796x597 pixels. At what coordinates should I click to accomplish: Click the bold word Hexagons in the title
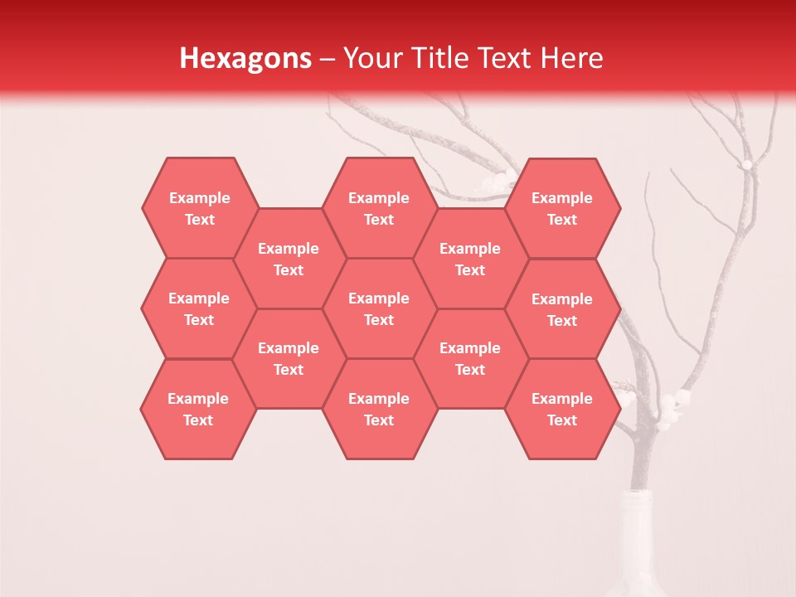[245, 58]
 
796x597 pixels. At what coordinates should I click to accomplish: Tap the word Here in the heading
[571, 58]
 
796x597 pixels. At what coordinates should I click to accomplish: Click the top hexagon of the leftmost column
[199, 208]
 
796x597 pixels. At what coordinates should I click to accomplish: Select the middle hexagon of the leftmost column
[199, 308]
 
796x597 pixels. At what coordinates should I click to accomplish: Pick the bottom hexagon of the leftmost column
[198, 409]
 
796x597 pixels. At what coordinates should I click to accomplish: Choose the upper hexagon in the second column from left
[289, 259]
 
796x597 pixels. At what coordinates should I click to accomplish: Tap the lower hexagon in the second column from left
[289, 358]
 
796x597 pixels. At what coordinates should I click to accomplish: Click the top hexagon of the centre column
[379, 208]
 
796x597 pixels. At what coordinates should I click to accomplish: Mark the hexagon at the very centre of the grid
[379, 308]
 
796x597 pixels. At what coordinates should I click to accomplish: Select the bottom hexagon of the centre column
[379, 409]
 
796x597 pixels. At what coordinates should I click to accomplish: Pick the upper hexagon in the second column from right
[470, 259]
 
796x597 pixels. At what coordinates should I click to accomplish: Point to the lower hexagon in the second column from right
[470, 358]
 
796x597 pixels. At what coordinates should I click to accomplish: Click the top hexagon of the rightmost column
[562, 208]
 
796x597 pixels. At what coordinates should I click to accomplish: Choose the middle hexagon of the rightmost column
[562, 309]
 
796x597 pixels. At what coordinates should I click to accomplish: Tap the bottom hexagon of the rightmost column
[562, 409]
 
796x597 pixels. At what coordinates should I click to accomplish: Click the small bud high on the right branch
[746, 165]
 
